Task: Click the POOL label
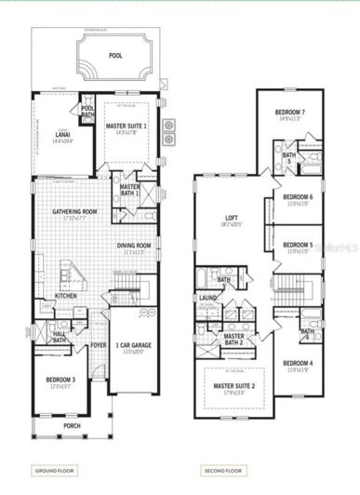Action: tap(114, 56)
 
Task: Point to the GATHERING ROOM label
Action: tap(75, 211)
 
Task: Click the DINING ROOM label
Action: tap(134, 246)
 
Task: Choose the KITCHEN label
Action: tap(65, 296)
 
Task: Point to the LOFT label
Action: tap(232, 220)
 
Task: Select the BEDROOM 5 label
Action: tap(299, 245)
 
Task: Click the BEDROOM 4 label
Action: tap(299, 363)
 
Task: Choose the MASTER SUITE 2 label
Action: tap(233, 384)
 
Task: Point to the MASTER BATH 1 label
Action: tap(130, 189)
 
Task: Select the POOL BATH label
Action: tap(87, 111)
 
